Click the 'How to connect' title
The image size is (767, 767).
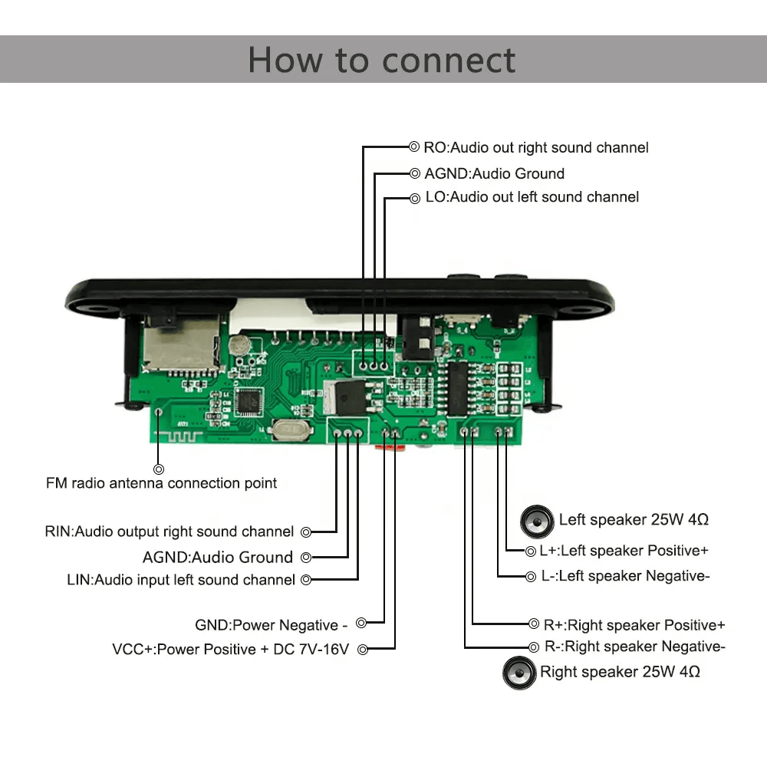(x=382, y=60)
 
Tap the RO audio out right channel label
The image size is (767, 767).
(x=535, y=147)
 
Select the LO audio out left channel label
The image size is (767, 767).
(x=532, y=197)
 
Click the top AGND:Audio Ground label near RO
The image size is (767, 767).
(x=494, y=173)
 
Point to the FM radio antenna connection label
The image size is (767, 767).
(x=161, y=483)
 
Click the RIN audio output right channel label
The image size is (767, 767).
(x=169, y=532)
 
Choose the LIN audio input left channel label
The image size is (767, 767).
(x=181, y=580)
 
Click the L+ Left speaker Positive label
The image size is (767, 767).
(x=617, y=551)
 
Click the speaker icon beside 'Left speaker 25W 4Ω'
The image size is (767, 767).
(x=537, y=522)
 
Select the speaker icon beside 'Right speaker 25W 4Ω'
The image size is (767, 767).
(x=519, y=673)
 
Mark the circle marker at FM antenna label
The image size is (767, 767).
(x=159, y=469)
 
